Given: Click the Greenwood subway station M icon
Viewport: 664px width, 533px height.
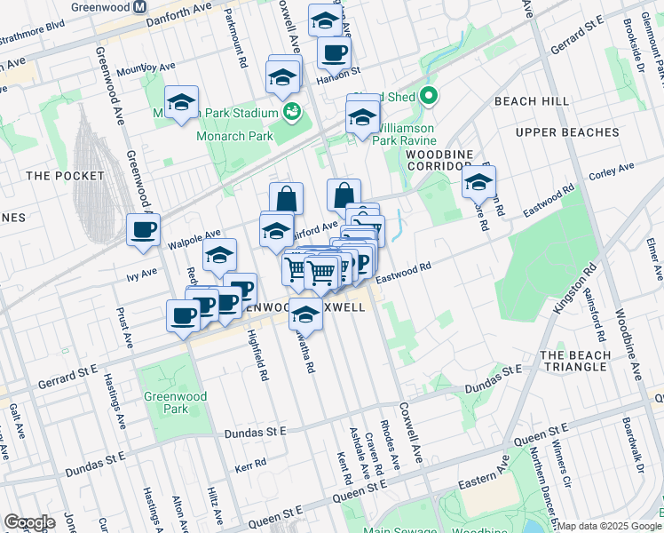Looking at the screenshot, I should point(140,5).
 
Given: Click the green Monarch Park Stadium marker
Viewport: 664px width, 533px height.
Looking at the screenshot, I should point(291,112).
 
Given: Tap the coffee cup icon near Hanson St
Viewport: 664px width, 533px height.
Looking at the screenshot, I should point(334,52).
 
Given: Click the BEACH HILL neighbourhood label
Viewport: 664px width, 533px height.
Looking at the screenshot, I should point(532,102).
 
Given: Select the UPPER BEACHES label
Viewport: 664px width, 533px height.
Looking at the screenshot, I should point(566,132).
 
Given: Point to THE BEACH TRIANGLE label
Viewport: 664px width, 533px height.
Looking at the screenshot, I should point(575,362).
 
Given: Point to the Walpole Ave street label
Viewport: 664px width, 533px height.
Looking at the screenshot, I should point(200,237).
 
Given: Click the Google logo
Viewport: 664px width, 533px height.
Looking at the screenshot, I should point(29,522).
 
